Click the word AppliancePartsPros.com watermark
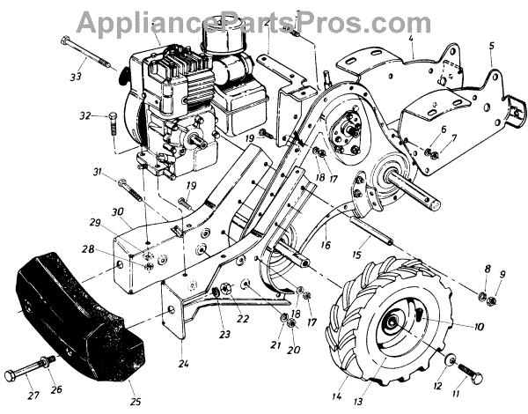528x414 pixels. (x=263, y=20)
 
